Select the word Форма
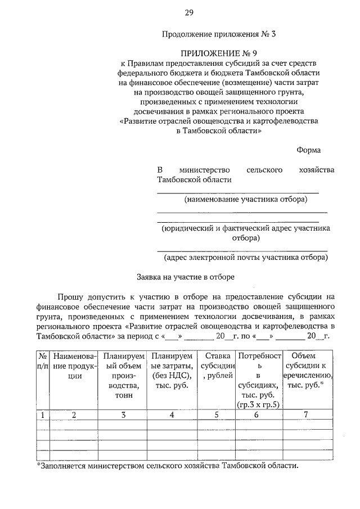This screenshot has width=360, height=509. [x=309, y=150]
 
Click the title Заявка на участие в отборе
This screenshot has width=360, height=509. [x=185, y=277]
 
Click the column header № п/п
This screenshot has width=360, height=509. [x=42, y=361]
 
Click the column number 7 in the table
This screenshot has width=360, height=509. [x=307, y=415]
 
